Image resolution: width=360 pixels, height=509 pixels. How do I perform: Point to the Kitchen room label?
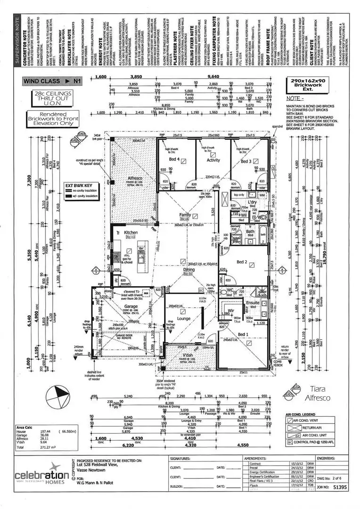tap(131, 233)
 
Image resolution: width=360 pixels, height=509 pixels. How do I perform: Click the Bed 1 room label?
tap(243, 334)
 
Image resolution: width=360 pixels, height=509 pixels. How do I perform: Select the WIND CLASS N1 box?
tap(53, 81)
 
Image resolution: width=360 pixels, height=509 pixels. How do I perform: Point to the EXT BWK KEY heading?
tap(82, 185)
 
